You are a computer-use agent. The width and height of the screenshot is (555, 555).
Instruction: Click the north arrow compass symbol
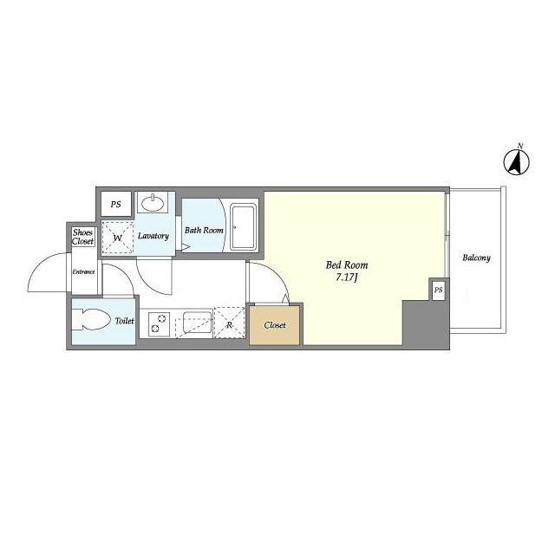point(517,162)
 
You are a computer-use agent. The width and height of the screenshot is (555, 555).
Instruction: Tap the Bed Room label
point(347,264)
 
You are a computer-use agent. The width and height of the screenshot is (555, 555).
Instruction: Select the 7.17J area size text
point(347,277)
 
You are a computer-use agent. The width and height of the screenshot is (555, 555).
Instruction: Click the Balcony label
point(476,258)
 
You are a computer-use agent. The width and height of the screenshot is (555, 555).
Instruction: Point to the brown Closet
point(275,325)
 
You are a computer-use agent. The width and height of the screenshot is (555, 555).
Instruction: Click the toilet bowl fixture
point(91,320)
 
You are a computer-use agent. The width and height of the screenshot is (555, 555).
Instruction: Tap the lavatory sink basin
point(153,203)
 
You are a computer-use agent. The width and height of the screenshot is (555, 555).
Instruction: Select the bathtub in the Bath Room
point(243,227)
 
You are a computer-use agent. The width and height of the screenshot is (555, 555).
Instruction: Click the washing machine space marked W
point(118,238)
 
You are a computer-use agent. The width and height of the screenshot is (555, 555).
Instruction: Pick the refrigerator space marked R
point(229,323)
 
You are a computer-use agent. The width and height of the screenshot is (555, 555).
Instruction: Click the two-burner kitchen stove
point(159,324)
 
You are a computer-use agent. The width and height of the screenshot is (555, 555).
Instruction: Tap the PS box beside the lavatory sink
point(115,204)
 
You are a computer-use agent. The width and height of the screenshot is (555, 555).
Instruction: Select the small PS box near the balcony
point(439,290)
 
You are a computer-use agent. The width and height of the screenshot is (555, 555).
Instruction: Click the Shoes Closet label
point(83,237)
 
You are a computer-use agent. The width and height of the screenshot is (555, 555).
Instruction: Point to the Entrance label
point(83,271)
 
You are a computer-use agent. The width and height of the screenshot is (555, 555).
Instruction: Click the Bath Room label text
point(204,230)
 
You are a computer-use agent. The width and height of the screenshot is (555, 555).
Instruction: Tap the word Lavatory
point(153,236)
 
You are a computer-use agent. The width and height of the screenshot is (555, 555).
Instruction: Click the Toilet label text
point(125,321)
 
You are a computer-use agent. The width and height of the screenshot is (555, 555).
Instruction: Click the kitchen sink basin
point(197,322)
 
